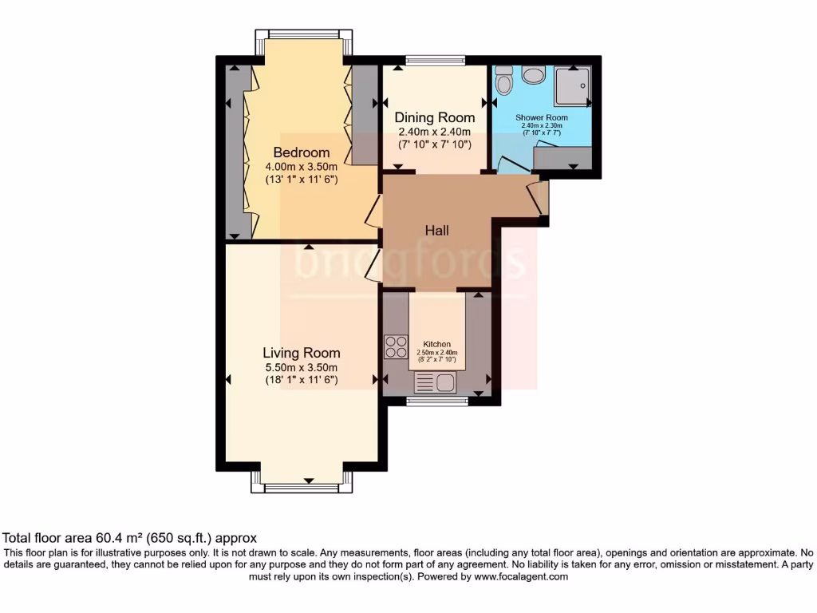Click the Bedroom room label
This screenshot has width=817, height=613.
click(x=302, y=152)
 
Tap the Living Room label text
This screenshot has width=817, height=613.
click(x=302, y=353)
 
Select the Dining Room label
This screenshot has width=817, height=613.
click(x=435, y=117)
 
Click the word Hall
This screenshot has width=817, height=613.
click(x=436, y=231)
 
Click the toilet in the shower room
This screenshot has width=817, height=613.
click(x=503, y=81)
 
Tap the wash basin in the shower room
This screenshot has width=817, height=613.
click(x=533, y=75)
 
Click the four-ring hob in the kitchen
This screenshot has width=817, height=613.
click(x=396, y=346)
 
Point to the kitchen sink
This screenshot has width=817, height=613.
click(x=436, y=383)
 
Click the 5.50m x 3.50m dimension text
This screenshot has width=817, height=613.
click(x=302, y=367)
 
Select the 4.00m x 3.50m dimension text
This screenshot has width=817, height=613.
click(x=302, y=167)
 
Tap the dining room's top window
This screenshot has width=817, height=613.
click(x=435, y=58)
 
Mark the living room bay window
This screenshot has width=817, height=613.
click(x=302, y=479)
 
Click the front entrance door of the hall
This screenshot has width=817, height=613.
click(x=539, y=198)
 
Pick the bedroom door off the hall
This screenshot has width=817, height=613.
click(x=373, y=209)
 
